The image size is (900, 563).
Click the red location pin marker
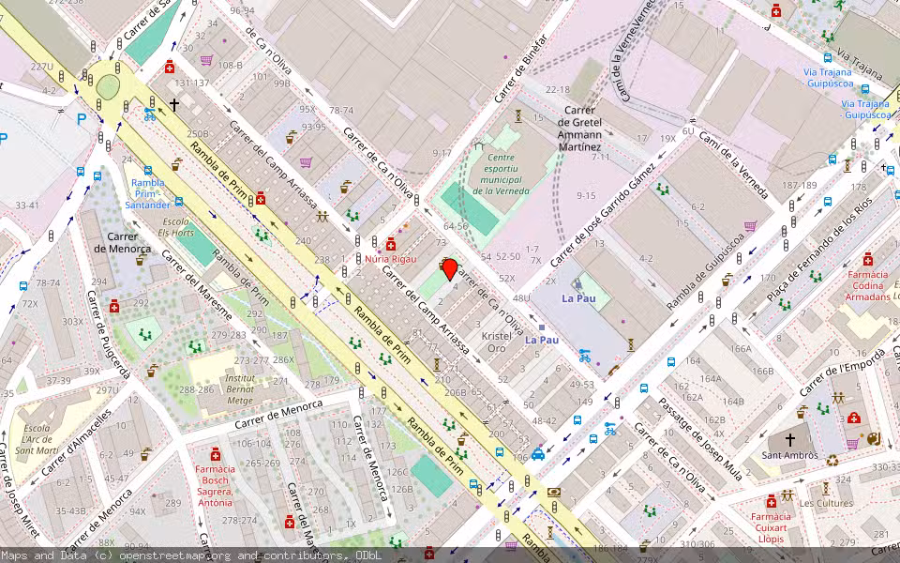coord(449,269)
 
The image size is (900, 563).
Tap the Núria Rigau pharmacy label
coord(390,258)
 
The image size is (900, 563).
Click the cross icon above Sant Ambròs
coord(789,439)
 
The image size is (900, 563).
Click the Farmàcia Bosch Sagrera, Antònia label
coord(214,485)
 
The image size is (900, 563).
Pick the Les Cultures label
coord(818,503)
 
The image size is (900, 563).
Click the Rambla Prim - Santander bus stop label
coord(150,194)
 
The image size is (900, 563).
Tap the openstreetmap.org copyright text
coord(169,555)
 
